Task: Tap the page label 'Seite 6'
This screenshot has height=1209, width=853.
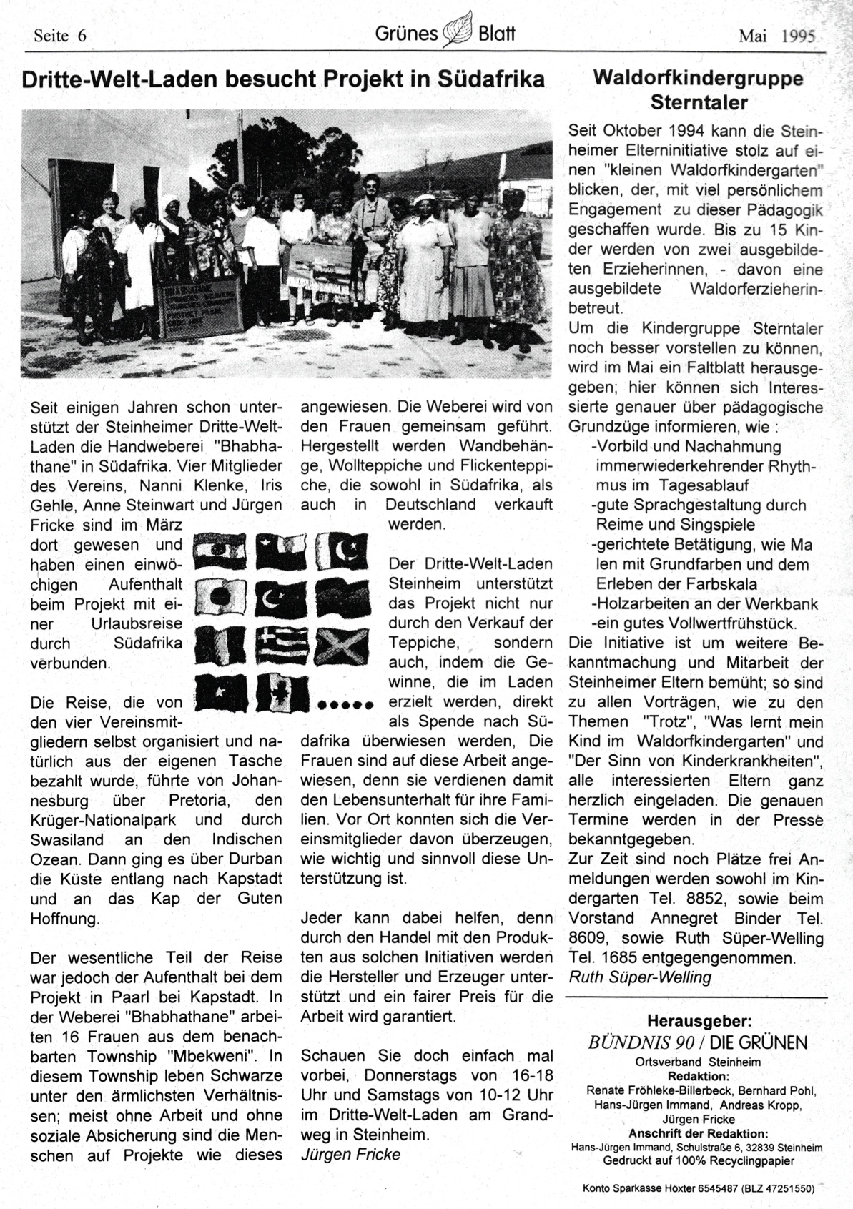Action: (60, 36)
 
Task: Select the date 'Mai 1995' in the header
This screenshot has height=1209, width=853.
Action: (776, 36)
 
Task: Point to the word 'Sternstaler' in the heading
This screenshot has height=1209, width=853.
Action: (699, 103)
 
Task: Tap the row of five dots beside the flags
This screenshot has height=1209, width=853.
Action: (346, 704)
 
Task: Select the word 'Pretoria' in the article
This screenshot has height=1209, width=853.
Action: (189, 800)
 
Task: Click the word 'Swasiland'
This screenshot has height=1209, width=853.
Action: (66, 839)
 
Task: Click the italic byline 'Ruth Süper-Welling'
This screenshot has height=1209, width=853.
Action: (640, 977)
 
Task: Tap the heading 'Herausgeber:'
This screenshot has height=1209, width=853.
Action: (699, 1020)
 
